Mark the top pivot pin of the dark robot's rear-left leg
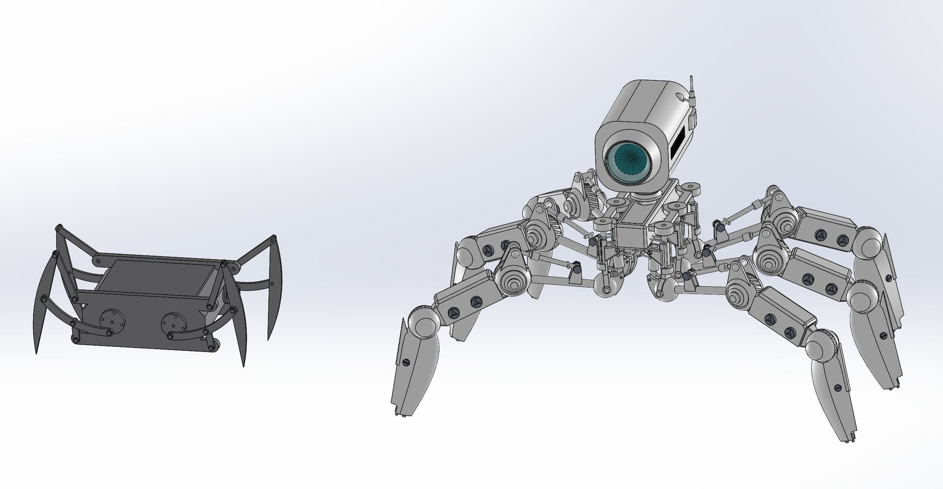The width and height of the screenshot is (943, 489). [x=59, y=227]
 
